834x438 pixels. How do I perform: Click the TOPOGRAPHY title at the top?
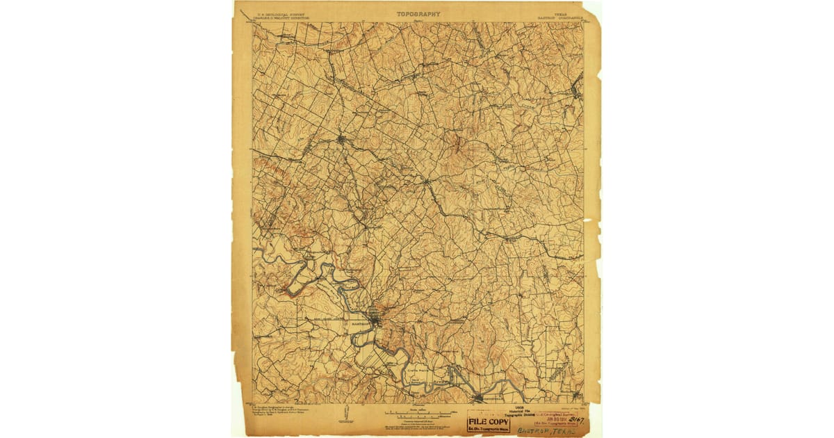[418, 13]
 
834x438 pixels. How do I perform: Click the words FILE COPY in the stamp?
[489, 421]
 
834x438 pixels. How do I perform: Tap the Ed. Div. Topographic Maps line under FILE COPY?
[489, 429]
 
